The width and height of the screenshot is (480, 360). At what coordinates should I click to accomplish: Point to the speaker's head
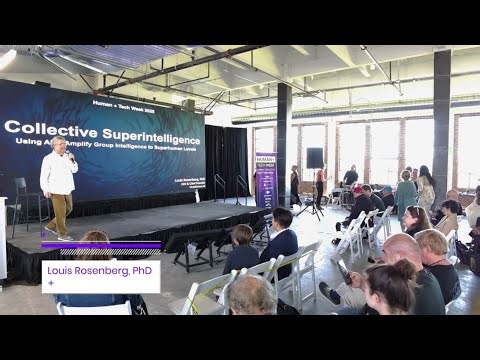60,144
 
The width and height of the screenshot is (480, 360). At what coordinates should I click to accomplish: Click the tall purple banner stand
265,180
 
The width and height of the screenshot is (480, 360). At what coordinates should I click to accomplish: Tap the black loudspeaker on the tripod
314,157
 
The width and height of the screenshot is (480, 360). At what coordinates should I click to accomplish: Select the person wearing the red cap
357,190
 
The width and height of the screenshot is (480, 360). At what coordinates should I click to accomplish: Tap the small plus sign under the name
50,283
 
